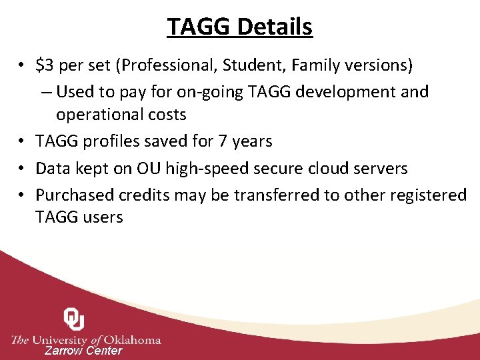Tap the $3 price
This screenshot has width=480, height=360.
click(45, 65)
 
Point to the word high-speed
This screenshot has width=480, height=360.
click(197, 168)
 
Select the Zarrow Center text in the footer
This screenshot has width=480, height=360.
click(83, 351)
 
